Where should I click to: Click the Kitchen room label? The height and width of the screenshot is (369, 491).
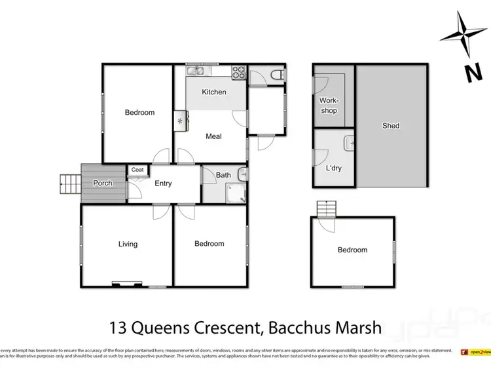pos(213,92)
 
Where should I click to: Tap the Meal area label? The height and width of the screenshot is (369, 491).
pos(213,136)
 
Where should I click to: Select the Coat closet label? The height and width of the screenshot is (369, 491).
pos(137,170)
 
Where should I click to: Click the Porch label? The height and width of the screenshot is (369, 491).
pos(103,183)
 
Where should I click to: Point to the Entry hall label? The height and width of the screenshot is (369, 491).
pos(163,184)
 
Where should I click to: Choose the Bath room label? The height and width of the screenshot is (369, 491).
pos(223,175)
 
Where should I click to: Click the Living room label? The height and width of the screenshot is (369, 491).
pos(128,244)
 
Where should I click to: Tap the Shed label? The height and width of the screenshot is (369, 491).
pos(391,126)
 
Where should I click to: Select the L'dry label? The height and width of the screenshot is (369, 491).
pos(333,168)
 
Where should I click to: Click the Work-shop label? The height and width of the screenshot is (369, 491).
pos(329,106)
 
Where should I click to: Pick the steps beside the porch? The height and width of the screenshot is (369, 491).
pos(68,184)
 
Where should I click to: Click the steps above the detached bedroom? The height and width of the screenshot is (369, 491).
pos(325,209)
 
